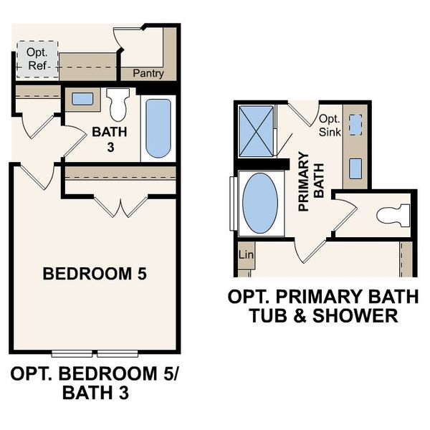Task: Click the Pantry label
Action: (149, 73)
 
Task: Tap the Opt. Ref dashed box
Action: (35, 58)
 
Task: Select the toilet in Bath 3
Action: (119, 104)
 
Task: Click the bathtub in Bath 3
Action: (158, 128)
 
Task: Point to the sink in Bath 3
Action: (82, 99)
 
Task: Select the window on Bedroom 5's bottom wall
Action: (95, 353)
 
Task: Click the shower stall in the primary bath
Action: (256, 131)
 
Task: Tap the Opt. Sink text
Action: (328, 125)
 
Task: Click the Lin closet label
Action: (244, 255)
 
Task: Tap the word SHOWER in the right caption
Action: (364, 315)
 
